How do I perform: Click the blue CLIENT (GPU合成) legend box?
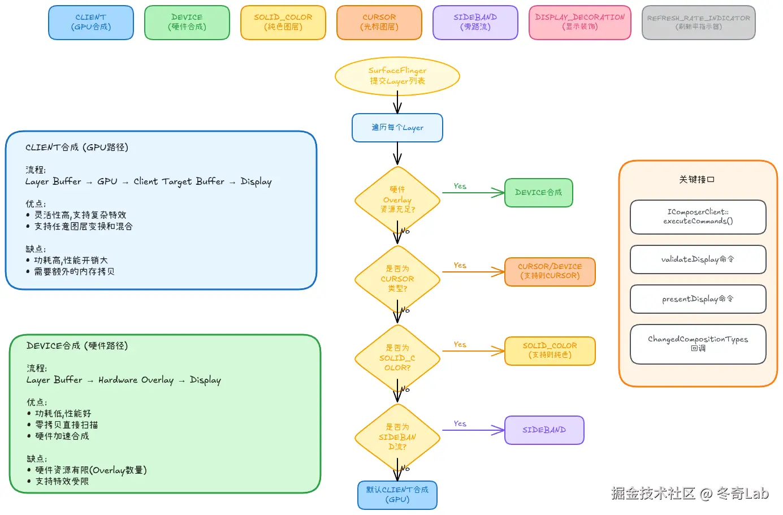pos(91,23)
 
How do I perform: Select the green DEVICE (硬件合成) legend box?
pos(187,23)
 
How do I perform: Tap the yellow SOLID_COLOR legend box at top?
pos(283,23)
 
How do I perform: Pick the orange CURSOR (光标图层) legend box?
pos(379,23)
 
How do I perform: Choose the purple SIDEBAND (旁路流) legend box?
pos(475,23)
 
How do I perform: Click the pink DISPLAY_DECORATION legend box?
pos(580,23)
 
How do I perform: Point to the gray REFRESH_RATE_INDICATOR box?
pos(699,23)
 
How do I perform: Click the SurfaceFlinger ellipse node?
pos(397,76)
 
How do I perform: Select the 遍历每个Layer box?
pos(397,128)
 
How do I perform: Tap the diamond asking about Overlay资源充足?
pos(397,200)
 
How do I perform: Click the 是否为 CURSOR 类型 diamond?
pos(397,279)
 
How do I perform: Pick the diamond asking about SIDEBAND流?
pos(397,437)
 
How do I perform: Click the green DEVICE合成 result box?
pos(538,193)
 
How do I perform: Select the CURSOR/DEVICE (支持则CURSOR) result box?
pos(550,272)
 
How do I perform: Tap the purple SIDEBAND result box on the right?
pos(544,430)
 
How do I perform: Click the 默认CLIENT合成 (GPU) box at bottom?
pos(397,495)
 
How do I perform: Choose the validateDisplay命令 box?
pos(698,259)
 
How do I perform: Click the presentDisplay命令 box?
pos(698,299)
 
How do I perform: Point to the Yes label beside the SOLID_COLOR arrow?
pos(460,345)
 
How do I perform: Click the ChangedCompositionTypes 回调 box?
pos(698,344)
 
